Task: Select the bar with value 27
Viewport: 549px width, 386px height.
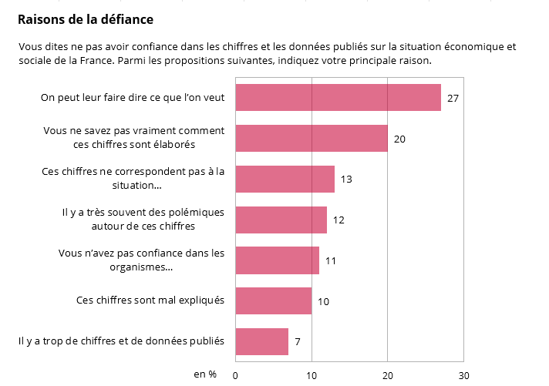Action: tap(338, 98)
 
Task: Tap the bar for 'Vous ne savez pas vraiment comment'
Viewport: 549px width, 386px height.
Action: tap(311, 138)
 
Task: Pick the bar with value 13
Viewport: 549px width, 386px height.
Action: tap(285, 179)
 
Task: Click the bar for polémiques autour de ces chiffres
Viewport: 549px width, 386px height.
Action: tap(281, 220)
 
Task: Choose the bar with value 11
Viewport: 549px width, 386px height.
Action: tap(277, 260)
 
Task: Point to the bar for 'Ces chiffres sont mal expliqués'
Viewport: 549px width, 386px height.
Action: tap(273, 300)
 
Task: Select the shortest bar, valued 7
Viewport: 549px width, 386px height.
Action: tap(261, 341)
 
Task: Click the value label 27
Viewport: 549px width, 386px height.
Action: tap(453, 99)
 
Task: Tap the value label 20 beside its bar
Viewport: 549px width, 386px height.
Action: tap(399, 139)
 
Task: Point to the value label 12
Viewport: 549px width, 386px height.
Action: tap(338, 220)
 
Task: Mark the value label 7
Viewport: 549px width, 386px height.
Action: tap(298, 342)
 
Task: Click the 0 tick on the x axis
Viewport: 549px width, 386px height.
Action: tap(235, 375)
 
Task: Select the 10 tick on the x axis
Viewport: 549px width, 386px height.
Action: tap(312, 375)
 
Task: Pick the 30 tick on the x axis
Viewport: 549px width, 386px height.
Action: tap(463, 375)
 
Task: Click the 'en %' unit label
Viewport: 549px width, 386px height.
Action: tap(204, 374)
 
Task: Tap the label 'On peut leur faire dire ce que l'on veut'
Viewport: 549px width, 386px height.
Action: tap(133, 98)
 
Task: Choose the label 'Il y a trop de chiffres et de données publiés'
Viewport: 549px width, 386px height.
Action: tap(121, 341)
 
